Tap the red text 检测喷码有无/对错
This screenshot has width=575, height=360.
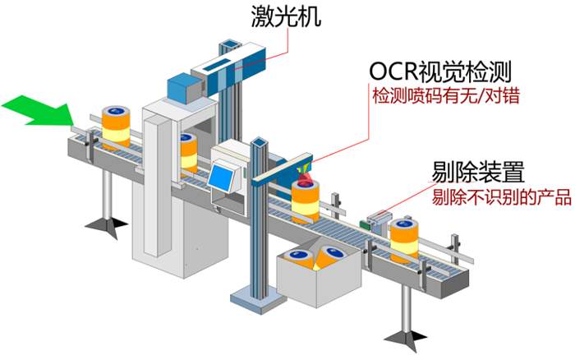[x=446, y=96]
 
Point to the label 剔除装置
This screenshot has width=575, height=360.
[x=477, y=173]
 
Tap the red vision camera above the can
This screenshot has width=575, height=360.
[x=304, y=178]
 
